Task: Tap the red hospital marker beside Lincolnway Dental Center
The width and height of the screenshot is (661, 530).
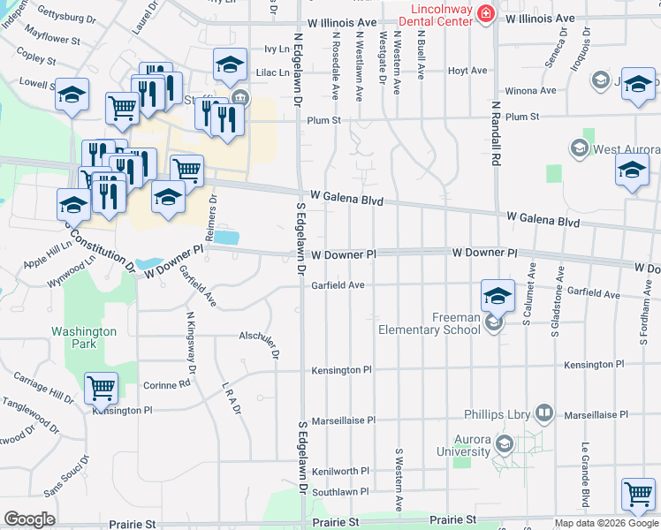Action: coord(484,13)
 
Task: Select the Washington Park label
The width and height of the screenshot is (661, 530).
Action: coord(84,337)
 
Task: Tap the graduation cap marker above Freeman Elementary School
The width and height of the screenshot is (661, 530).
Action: coord(498,296)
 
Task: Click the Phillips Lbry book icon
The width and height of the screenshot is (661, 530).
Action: coord(544,413)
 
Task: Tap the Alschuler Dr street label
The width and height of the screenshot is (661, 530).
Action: coord(259,335)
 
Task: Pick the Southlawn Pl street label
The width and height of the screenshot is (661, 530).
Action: coord(339,491)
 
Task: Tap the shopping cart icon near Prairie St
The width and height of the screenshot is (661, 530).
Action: coord(638,496)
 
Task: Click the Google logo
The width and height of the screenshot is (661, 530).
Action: coord(29,519)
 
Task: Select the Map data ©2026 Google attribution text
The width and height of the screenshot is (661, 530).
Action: coord(605,523)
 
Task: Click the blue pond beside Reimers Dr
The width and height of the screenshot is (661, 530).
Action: coord(225,238)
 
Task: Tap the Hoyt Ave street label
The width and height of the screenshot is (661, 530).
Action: coord(467,71)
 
